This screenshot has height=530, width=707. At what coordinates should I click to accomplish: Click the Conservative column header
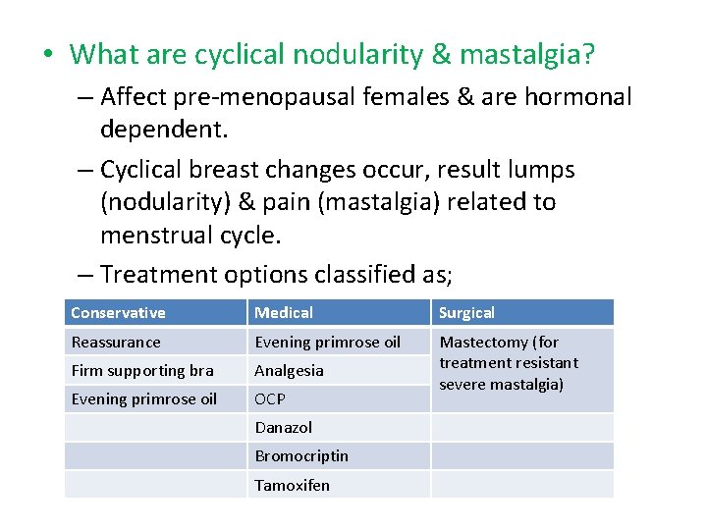tap(118, 313)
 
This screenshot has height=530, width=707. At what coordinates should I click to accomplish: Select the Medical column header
tap(284, 313)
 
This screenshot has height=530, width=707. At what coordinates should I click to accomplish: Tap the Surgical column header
tap(466, 313)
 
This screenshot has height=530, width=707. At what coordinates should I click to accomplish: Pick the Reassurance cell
tap(115, 343)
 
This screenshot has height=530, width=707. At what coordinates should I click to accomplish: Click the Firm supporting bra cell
tap(141, 371)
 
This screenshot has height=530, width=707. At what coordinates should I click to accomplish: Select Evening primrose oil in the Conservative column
tap(143, 399)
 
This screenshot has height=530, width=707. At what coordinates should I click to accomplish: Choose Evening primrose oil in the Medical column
tap(327, 343)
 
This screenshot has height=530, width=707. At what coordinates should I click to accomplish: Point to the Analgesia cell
tap(289, 371)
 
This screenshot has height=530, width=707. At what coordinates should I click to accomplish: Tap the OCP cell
tap(270, 399)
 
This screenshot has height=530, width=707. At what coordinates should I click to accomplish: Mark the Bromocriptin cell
tap(301, 456)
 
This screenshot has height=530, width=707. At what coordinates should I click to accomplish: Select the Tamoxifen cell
tap(292, 485)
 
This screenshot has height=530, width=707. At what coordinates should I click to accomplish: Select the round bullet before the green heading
tap(48, 54)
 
